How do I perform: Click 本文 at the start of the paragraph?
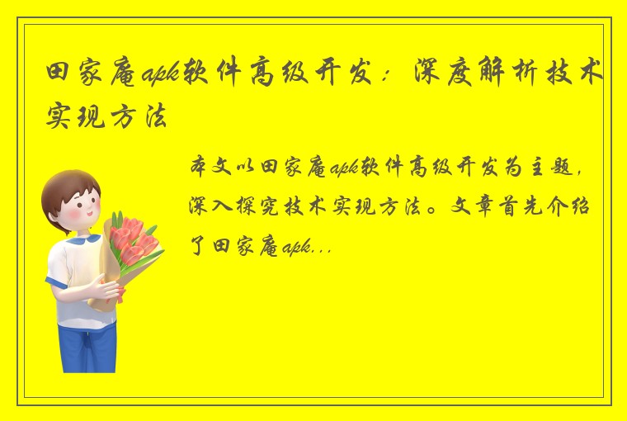pos(205,167)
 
